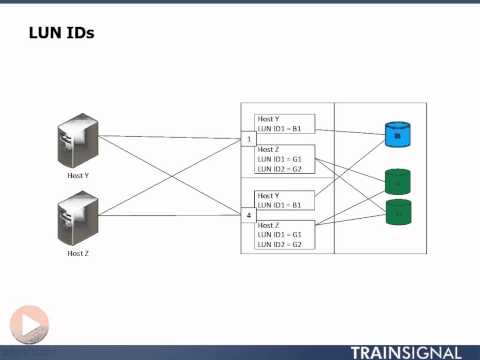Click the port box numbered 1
click(249, 139)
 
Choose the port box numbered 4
click(249, 215)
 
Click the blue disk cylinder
click(398, 134)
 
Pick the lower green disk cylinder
click(398, 212)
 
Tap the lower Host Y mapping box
click(284, 200)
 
